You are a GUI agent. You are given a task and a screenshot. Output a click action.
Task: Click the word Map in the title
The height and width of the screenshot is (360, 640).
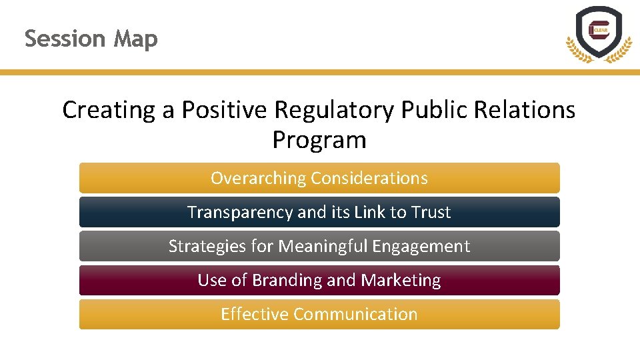coord(135,39)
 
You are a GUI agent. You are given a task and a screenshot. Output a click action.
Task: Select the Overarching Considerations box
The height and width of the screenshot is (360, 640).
coord(319,178)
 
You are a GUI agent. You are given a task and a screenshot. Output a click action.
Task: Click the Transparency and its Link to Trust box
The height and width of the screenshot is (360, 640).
coord(319,212)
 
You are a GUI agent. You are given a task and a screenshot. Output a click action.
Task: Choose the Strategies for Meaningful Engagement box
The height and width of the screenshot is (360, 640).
coord(319,246)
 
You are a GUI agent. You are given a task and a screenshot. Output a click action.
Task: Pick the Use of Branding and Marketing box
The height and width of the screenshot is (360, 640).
coord(319,280)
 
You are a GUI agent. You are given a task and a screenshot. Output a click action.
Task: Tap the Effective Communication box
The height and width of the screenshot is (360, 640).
coord(319,314)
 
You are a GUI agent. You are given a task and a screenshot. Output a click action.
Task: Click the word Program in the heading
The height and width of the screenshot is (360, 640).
coord(319,140)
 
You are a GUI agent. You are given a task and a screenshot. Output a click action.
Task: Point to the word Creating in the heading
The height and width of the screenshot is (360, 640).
coord(109,110)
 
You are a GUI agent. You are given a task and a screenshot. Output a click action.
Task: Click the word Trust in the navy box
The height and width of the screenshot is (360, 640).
coord(431,212)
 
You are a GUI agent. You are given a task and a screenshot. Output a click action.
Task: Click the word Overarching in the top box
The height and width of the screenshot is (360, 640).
coord(259,178)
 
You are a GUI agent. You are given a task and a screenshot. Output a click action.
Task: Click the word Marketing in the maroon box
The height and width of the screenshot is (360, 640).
coord(401,280)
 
